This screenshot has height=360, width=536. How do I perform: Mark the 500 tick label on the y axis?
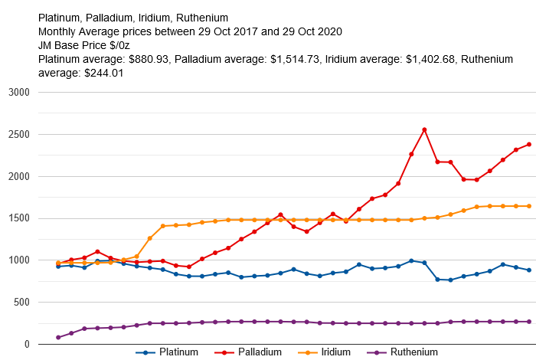pyautogui.click(x=21, y=303)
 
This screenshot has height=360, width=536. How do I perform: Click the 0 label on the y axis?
pyautogui.click(x=26, y=345)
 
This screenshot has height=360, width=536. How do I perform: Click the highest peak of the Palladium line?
pyautogui.click(x=424, y=130)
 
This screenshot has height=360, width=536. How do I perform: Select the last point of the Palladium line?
pyautogui.click(x=528, y=144)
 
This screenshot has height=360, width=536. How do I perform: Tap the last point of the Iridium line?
pyautogui.click(x=528, y=206)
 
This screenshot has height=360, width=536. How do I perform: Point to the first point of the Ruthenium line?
pyautogui.click(x=58, y=337)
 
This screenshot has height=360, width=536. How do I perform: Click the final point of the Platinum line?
pyautogui.click(x=528, y=270)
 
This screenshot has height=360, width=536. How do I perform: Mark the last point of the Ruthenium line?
pyautogui.click(x=528, y=322)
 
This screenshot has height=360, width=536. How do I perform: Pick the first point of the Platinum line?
pyautogui.click(x=58, y=266)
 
